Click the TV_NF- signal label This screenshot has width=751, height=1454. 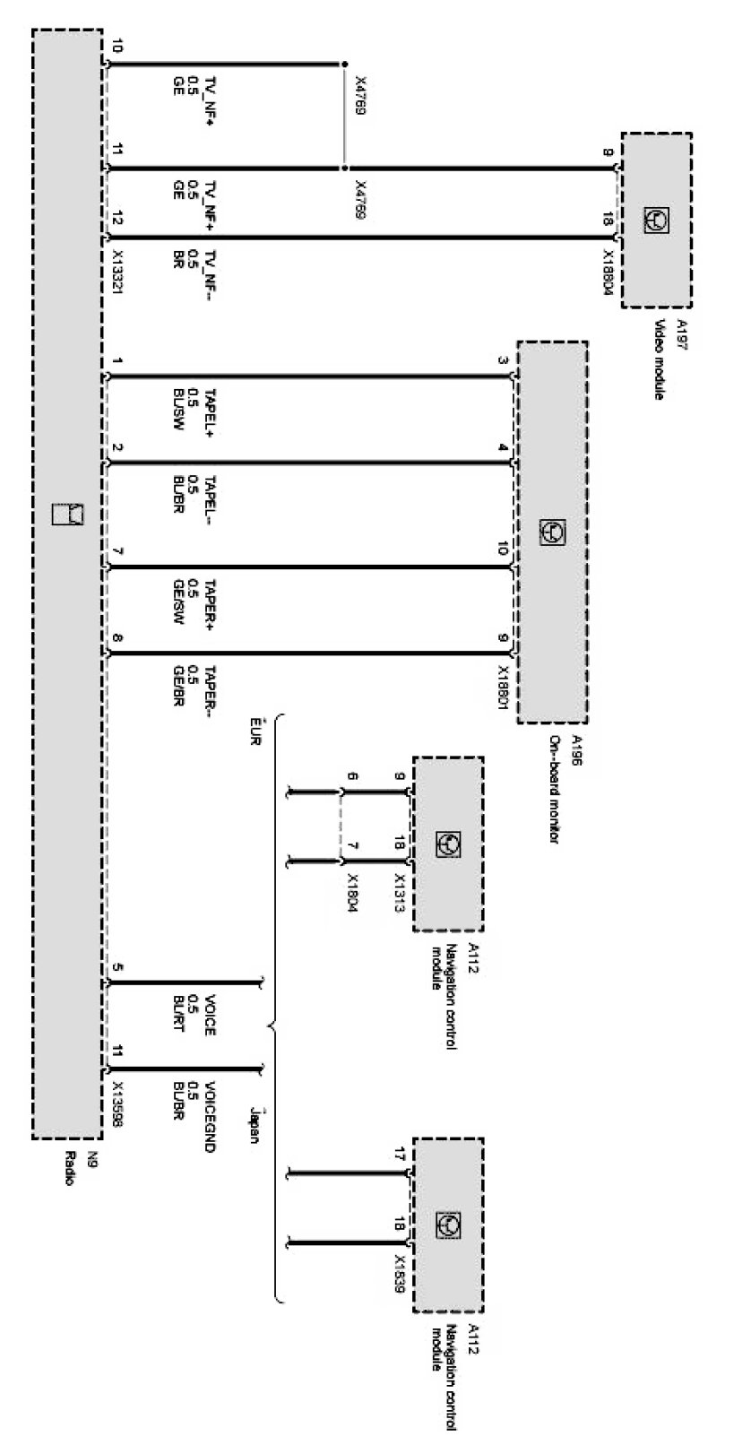tap(210, 267)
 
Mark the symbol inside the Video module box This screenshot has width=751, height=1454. tap(656, 219)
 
